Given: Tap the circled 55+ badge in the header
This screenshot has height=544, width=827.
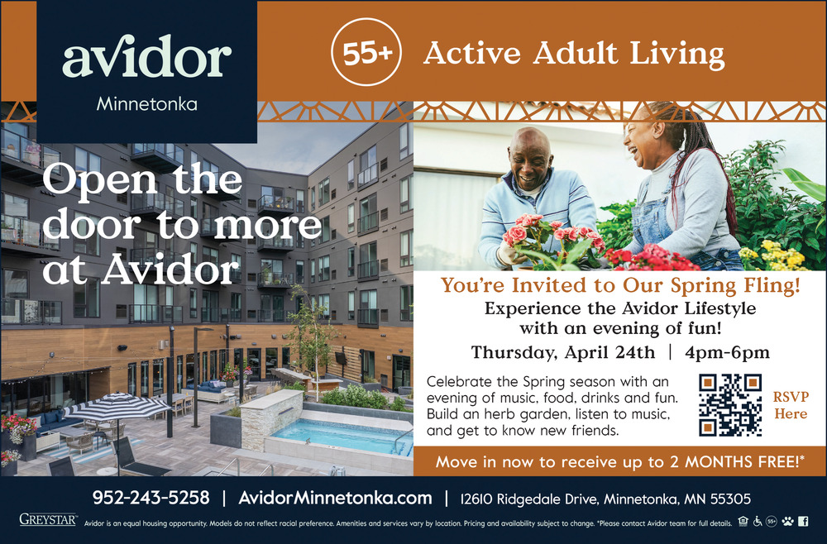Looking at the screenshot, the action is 366,51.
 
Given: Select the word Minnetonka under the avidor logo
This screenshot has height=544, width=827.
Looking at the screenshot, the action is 146,104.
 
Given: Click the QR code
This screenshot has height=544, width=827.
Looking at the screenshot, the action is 730,405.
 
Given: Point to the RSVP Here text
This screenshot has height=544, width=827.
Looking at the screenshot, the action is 791,405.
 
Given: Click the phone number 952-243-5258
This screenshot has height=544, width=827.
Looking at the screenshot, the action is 151,498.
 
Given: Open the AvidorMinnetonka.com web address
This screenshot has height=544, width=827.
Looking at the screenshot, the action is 335,498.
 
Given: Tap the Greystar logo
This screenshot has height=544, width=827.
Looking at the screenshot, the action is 48,519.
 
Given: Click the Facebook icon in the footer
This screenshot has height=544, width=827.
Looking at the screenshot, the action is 803,522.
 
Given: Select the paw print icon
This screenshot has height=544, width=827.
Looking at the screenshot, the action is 787,522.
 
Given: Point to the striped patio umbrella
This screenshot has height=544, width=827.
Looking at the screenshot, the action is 117,407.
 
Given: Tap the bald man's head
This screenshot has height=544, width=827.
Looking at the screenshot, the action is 530,158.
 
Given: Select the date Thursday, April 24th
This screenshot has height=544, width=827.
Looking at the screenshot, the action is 562,353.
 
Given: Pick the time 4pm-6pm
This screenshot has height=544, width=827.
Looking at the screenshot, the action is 727,353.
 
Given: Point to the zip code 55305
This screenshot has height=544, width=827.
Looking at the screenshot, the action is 730,499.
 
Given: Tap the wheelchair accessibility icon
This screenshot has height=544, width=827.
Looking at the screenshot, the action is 758,522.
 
